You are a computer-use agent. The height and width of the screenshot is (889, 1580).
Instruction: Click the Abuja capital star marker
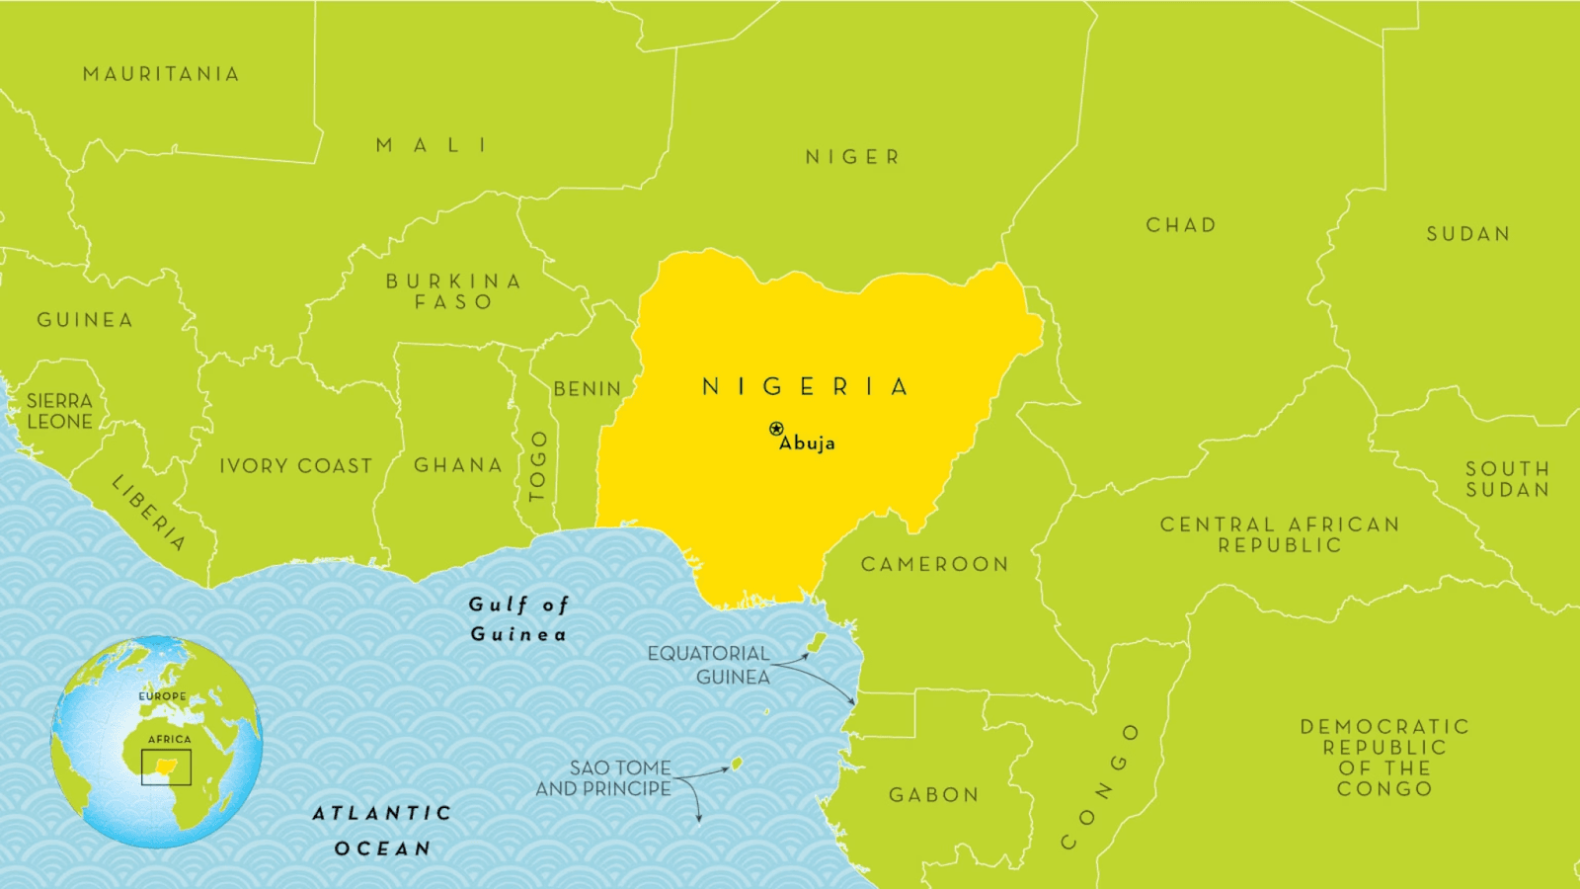[x=776, y=429]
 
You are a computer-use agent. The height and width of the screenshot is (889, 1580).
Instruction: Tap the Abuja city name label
[x=808, y=444]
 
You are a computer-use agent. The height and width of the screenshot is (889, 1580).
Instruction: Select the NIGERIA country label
[x=805, y=386]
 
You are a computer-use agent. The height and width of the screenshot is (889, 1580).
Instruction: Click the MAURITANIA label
[x=161, y=74]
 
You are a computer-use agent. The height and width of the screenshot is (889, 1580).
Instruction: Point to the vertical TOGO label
[x=538, y=466]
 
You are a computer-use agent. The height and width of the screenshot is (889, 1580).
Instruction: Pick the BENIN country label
[x=588, y=389]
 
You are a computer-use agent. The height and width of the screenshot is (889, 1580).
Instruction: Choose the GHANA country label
[x=458, y=465]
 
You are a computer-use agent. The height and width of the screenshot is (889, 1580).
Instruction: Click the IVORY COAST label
[x=296, y=466]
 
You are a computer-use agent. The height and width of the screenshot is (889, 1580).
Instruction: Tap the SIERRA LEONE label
[x=59, y=411]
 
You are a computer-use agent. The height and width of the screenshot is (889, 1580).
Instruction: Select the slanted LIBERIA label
[x=148, y=513]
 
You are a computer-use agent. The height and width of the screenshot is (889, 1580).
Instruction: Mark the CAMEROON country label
[x=935, y=564]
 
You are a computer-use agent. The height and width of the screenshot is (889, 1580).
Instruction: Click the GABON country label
[x=934, y=795]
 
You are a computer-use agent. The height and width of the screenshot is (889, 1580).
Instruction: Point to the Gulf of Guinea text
[x=518, y=619]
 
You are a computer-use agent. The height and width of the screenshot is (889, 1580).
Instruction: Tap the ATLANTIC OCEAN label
[x=382, y=831]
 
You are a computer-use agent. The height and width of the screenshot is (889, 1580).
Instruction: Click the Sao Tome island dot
[x=736, y=764]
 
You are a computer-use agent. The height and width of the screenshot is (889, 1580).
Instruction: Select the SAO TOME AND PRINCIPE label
[x=604, y=778]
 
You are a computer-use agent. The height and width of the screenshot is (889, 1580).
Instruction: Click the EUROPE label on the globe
[x=162, y=696]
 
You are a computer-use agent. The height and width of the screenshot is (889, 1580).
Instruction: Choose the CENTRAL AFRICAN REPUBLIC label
[x=1280, y=534]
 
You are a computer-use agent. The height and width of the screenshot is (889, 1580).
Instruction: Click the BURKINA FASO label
[x=453, y=291]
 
